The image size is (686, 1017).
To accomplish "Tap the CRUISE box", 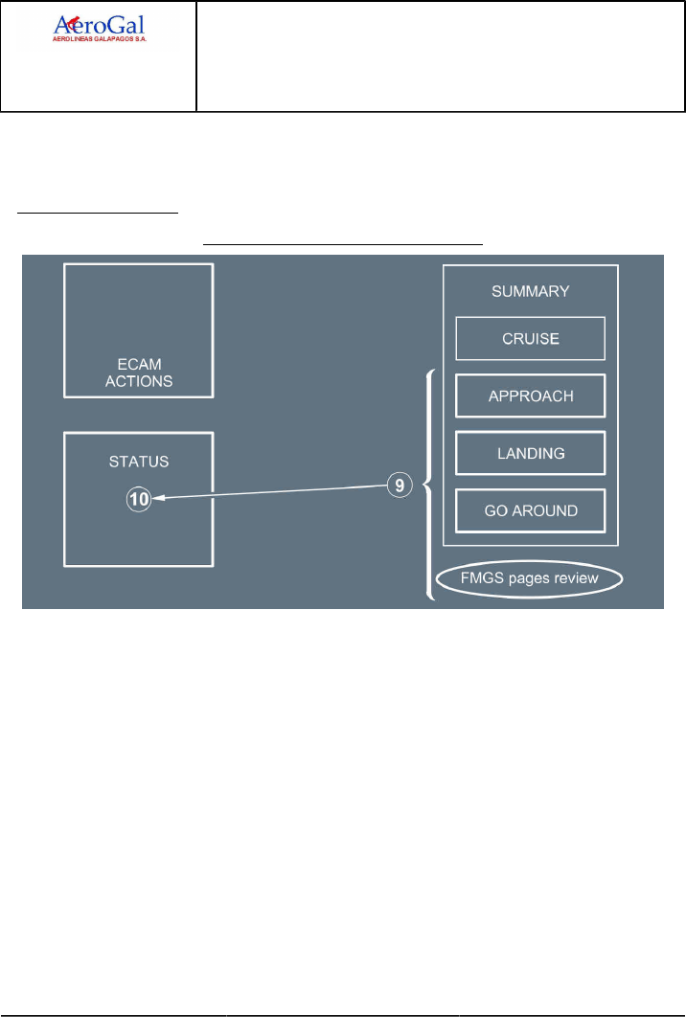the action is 530,338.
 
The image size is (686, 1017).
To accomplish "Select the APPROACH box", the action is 530,395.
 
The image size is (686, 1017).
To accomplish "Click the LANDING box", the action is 530,453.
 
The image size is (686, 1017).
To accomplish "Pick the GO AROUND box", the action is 530,510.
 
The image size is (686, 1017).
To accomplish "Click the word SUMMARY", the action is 530,290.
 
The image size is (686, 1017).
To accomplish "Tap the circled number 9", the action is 401,486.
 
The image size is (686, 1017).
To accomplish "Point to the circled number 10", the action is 139,498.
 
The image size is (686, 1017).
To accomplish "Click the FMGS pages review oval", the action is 530,578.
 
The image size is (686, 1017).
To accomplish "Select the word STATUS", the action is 139,462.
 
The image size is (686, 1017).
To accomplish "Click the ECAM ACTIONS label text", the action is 139,373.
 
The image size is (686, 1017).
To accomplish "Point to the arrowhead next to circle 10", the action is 158,498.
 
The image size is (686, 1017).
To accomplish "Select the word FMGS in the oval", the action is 479,578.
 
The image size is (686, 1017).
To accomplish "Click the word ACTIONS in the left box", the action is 139,381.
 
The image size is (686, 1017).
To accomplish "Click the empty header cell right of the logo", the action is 441,56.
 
